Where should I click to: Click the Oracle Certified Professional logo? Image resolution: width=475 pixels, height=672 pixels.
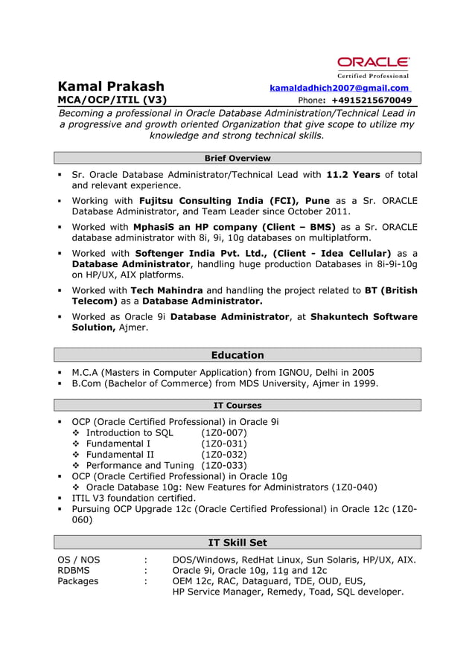coord(373,66)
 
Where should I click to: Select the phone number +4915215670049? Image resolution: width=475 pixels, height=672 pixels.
coord(371,100)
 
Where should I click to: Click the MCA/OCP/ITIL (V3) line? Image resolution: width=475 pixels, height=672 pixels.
coord(112,100)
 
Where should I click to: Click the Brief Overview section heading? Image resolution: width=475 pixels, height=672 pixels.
coord(237,158)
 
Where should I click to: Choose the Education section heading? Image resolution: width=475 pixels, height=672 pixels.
coord(237,355)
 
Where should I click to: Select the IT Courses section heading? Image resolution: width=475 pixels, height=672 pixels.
coord(237,405)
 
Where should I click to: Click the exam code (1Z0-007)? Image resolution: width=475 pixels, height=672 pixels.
coord(224,432)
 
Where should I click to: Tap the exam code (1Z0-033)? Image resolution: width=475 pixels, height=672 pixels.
coord(224,465)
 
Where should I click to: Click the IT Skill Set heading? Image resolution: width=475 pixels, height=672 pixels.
coord(237,543)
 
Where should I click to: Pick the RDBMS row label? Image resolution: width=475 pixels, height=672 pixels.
coord(74,570)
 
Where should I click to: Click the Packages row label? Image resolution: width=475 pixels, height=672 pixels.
coord(78,581)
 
